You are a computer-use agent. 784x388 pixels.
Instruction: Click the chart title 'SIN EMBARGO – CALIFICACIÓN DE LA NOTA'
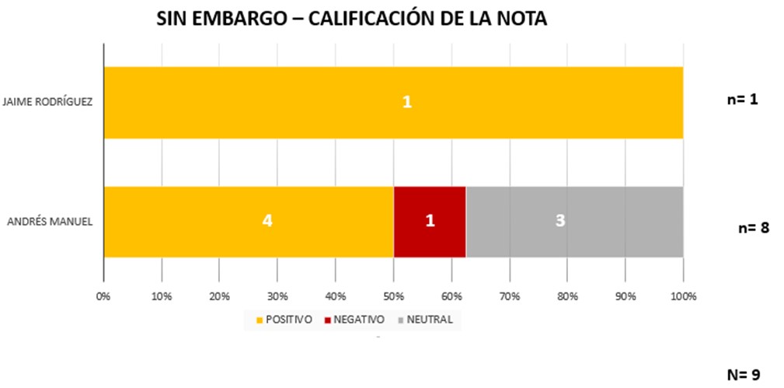352,19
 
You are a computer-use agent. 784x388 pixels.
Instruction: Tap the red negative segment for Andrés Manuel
429,222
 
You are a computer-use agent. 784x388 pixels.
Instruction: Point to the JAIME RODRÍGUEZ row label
48,102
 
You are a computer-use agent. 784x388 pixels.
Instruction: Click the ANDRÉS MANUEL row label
50,222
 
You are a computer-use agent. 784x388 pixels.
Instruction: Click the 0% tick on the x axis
103,296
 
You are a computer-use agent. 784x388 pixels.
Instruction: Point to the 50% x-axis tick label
392,296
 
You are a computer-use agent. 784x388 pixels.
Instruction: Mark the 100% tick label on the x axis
682,296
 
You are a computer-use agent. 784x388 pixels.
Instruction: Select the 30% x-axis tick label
277,296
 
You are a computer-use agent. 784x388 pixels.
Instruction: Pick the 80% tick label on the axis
568,296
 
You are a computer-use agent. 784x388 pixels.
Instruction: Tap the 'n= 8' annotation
754,228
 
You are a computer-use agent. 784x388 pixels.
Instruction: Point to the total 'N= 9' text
743,374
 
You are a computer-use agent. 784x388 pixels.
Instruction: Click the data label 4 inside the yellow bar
267,221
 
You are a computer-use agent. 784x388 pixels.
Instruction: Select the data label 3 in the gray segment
560,221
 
